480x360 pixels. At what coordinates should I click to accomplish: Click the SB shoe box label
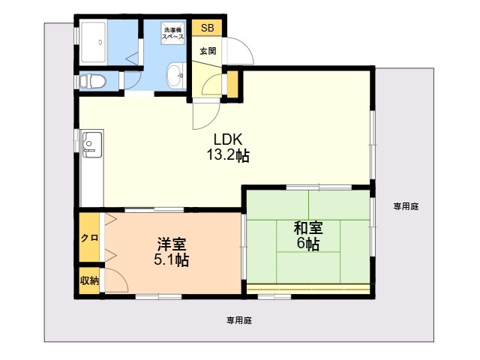pos(207,28)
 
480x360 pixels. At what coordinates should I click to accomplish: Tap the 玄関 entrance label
pos(208,51)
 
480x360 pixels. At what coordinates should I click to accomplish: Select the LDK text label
pos(228,139)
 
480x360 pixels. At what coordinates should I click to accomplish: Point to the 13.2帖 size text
pos(228,155)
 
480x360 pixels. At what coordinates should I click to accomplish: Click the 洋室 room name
pos(172,244)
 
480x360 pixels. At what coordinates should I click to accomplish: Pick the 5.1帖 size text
pos(172,260)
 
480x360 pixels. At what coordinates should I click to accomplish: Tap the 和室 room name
pos(308,228)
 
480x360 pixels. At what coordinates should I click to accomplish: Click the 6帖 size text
pos(308,244)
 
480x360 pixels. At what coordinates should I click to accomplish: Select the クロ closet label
pos(89,238)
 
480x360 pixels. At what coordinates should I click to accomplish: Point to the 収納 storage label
pos(89,280)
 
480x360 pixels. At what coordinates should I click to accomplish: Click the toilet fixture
pos(92,82)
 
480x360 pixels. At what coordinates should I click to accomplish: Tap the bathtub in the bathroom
pos(93,42)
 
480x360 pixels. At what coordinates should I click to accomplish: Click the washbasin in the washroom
pos(176,76)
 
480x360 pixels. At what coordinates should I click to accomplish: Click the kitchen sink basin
pos(91,145)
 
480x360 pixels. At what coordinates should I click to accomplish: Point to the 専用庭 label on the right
pos(406,207)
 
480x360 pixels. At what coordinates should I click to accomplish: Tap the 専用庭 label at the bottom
pos(239,320)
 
